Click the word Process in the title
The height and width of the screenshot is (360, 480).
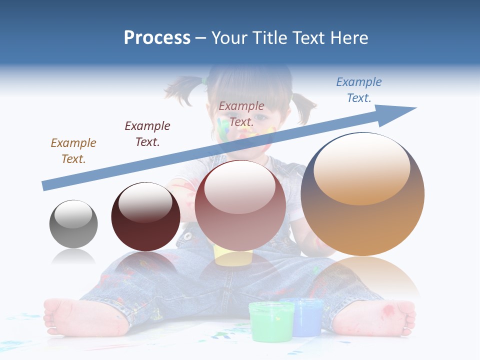(157, 38)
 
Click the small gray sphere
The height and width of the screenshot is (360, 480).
(73, 224)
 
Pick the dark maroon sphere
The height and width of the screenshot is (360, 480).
(145, 217)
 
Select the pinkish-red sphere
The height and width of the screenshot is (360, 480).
(240, 205)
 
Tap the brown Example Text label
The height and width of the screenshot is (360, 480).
(73, 151)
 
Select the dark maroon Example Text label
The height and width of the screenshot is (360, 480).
(147, 134)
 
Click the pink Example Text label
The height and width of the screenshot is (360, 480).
(241, 114)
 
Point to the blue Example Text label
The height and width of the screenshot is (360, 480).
(358, 90)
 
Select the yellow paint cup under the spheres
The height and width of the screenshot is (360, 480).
(233, 255)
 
